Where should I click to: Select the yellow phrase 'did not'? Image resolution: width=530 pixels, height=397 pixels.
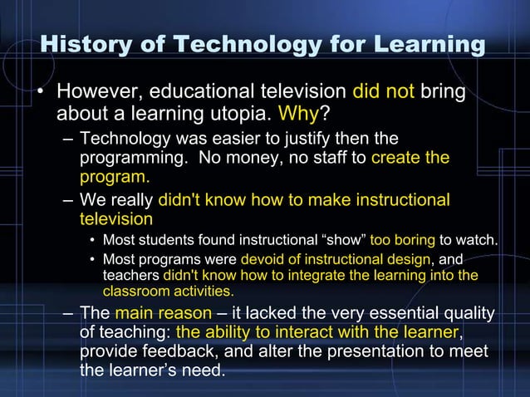(x=383, y=90)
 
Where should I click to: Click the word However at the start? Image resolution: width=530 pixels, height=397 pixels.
(x=96, y=90)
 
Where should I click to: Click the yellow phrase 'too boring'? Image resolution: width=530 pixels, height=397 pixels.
(x=403, y=241)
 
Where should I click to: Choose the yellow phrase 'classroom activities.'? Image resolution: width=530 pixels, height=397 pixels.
(x=169, y=292)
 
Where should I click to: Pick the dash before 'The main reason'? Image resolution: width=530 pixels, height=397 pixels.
(x=68, y=314)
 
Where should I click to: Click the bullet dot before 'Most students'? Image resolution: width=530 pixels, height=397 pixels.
(x=93, y=242)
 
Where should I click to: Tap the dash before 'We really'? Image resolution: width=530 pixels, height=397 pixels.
(x=68, y=200)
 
